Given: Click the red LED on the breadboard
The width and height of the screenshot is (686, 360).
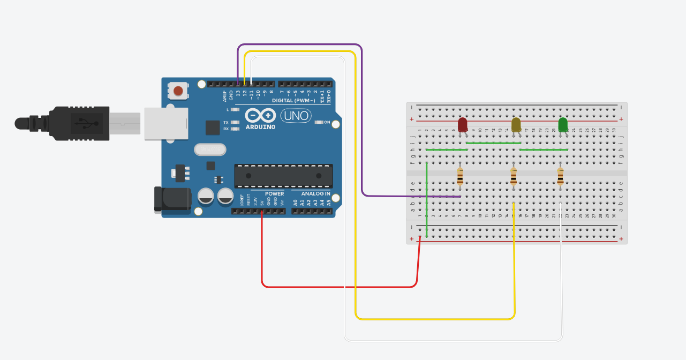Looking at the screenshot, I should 463,125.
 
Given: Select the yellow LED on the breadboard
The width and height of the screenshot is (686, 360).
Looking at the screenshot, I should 516,125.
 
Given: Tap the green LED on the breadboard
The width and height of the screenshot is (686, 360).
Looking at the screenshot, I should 563,125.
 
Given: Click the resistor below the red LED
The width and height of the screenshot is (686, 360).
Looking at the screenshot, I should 460,176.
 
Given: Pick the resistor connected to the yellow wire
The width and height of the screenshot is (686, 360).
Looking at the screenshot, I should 514,176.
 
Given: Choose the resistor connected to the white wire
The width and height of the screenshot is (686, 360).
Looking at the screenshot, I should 560,176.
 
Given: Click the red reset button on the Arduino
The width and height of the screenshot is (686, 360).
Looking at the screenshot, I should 178,91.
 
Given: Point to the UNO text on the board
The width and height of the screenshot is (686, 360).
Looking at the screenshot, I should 296,115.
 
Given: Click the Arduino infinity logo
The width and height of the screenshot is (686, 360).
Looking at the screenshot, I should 260,115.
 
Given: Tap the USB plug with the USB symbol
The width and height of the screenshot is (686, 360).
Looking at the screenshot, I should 80,123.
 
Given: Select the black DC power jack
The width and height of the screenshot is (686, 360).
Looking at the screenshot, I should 172,199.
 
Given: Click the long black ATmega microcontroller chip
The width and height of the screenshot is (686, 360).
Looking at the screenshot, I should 283,176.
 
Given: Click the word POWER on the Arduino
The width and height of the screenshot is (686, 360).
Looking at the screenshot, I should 275,193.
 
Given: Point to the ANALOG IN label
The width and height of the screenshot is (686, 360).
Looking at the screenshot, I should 315,193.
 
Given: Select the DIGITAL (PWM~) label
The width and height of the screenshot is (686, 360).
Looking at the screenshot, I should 293,101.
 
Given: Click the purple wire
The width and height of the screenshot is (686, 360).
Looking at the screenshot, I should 362,134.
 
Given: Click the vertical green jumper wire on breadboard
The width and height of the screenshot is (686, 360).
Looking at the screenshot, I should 426,198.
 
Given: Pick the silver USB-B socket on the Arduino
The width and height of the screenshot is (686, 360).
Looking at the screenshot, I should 166,124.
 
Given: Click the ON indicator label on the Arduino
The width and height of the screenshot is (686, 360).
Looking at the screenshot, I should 327,122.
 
